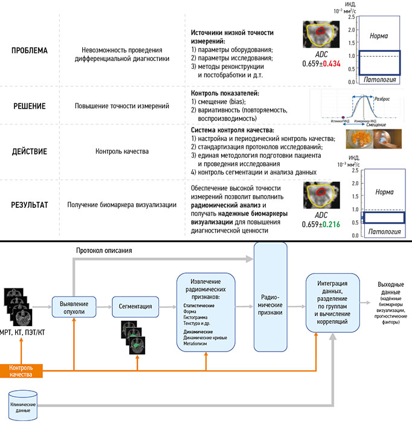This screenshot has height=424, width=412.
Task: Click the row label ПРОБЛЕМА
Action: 30,51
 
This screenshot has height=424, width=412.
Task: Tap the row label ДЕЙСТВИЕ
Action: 30,150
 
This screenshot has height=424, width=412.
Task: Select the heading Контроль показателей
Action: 225,93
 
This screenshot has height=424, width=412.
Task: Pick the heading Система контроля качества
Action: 233,130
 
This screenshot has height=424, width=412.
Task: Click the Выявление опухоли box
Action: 74,306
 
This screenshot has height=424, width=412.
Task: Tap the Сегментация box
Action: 136,306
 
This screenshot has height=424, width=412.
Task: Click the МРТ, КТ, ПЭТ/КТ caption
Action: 23,332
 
